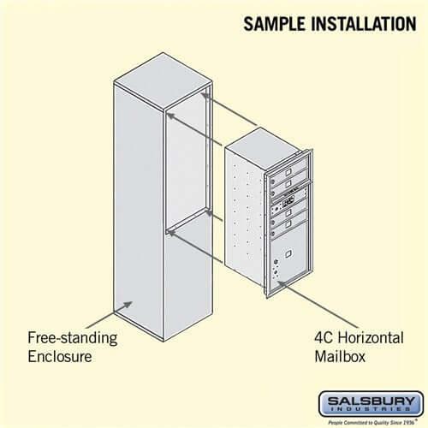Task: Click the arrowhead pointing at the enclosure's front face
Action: coord(128,304)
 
